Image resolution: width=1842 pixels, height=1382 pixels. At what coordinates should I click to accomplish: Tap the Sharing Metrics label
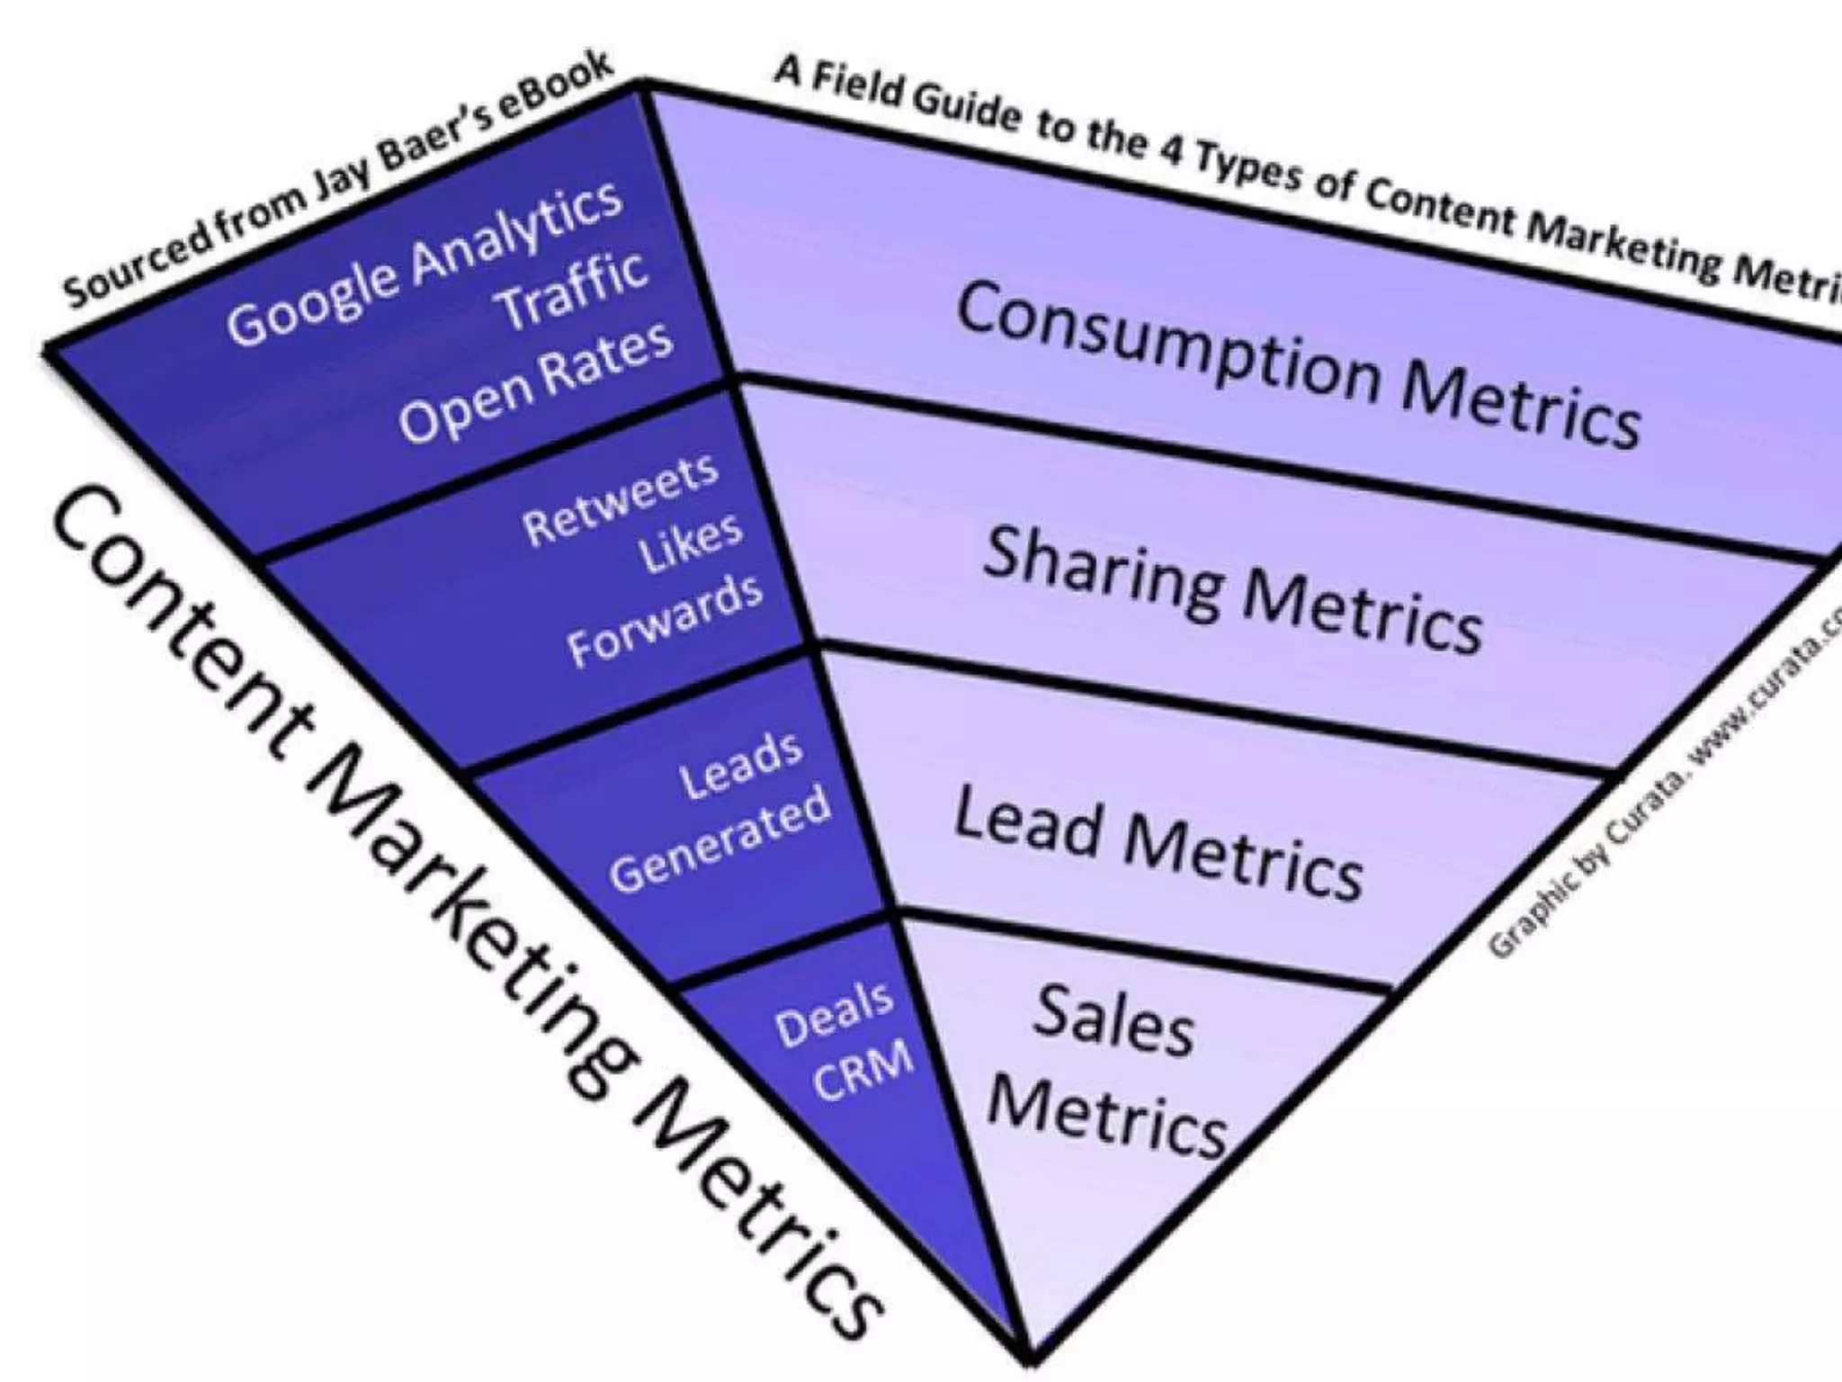click(1232, 589)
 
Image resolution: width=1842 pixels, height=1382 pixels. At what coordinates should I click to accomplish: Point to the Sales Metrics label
click(1110, 1071)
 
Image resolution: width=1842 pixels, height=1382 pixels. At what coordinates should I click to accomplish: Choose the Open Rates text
click(536, 381)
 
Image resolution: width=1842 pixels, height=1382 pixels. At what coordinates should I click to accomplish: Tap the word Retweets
click(621, 500)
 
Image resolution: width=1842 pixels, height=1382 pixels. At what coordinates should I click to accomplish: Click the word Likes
click(691, 543)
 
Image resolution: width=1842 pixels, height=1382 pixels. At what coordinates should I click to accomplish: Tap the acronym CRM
click(863, 1072)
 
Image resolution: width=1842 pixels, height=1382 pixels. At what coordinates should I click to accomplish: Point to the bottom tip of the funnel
click(1028, 1358)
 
